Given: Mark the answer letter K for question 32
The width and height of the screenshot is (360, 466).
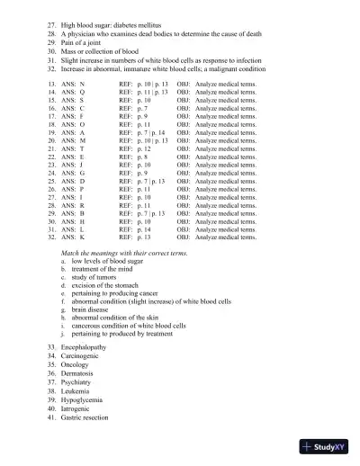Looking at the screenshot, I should coord(82,237).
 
